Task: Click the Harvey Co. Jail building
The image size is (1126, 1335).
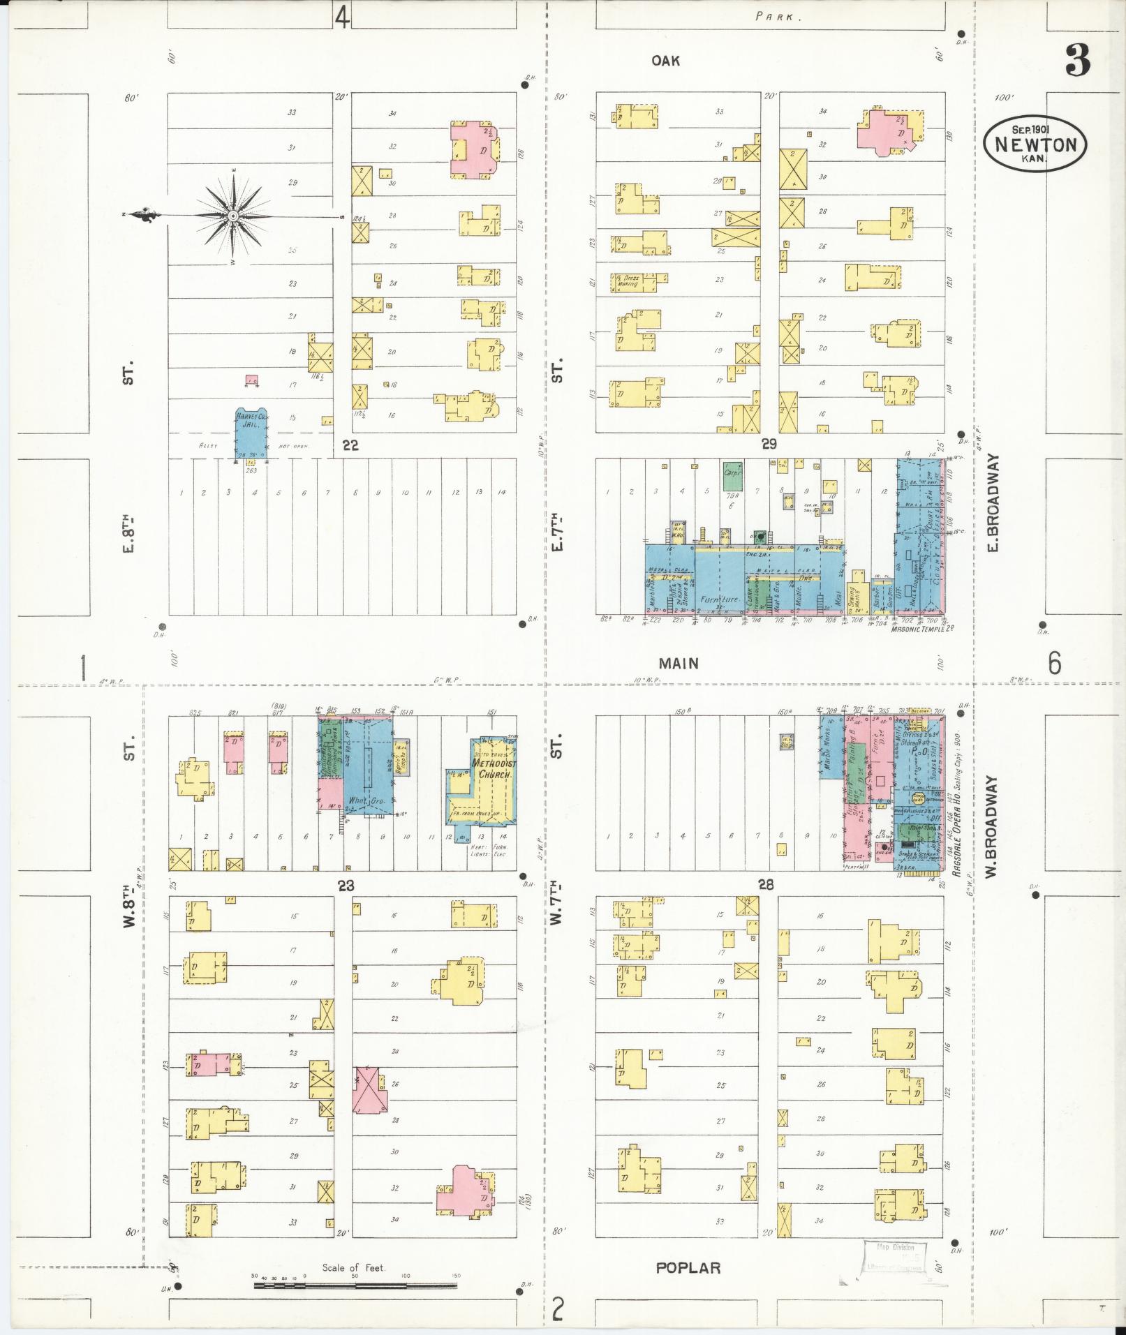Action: point(251,433)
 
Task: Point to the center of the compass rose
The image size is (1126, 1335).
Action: point(232,217)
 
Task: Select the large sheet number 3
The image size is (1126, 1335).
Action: point(1077,62)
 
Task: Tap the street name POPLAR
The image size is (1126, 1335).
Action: point(688,1268)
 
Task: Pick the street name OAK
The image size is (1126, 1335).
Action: point(665,61)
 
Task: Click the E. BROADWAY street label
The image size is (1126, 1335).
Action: point(993,502)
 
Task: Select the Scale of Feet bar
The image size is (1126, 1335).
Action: point(356,1283)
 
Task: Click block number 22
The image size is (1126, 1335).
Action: point(350,445)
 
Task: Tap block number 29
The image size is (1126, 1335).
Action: point(769,445)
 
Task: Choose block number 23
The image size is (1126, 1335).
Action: point(346,886)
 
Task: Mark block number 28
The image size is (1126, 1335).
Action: point(766,885)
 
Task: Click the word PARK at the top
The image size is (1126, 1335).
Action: point(774,17)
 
